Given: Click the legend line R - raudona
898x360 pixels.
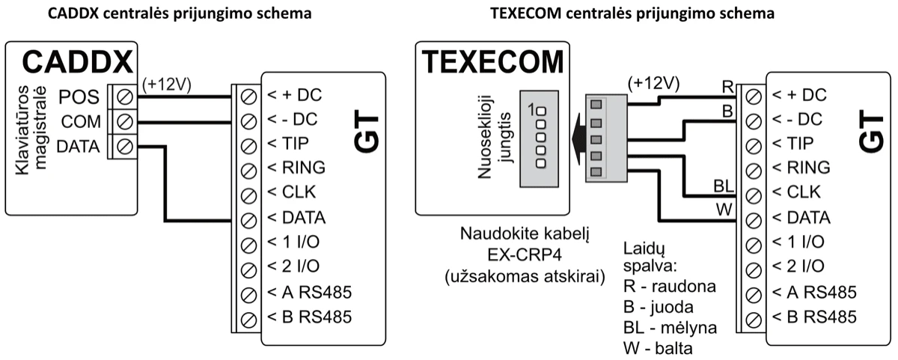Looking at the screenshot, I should click(x=669, y=287).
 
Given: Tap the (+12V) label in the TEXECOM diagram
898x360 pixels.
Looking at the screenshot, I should click(x=654, y=82).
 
